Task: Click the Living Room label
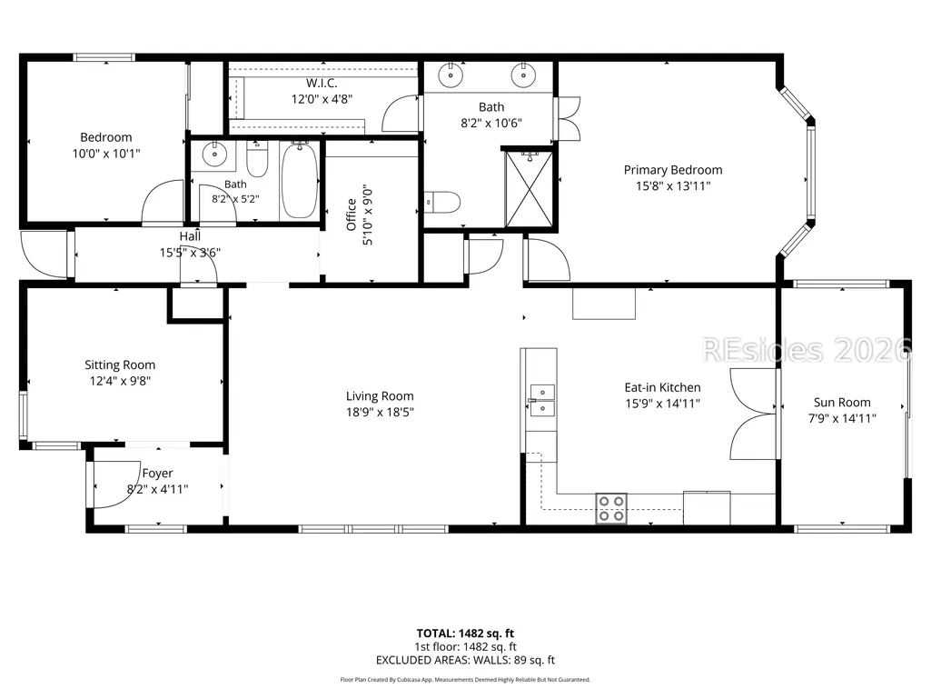380,396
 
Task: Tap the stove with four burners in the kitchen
611,509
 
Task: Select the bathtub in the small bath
300,180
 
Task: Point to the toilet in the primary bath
443,202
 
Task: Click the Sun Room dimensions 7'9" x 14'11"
842,418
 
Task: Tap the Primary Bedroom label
673,170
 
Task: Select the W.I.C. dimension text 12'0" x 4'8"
322,99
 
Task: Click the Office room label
352,215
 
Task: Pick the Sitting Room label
120,365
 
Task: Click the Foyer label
157,474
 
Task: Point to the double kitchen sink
542,400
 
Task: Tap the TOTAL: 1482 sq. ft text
465,634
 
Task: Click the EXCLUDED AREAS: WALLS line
465,660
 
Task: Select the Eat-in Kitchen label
663,387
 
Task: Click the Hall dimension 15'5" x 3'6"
190,253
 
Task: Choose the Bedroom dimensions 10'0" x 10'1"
106,154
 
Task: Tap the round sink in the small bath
214,155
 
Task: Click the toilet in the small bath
257,159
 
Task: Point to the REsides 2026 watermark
807,350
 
